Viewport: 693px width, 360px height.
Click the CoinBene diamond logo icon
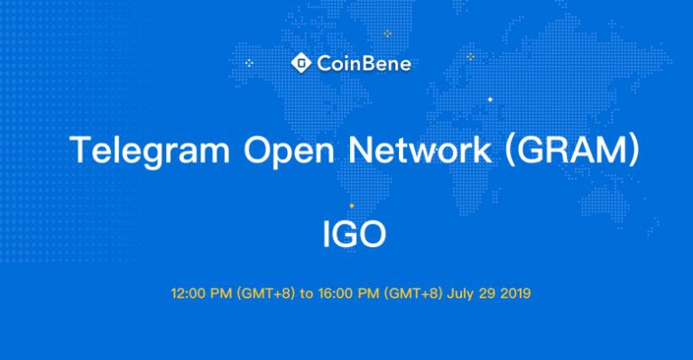pyautogui.click(x=300, y=62)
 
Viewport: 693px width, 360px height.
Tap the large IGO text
pyautogui.click(x=355, y=235)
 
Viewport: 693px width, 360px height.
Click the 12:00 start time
pyautogui.click(x=187, y=293)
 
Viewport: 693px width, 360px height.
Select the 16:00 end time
pyautogui.click(x=335, y=293)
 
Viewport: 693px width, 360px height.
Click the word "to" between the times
pyautogui.click(x=307, y=293)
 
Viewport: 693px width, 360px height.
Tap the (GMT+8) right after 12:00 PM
pyautogui.click(x=261, y=293)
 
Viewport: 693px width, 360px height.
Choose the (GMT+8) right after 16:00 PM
pyautogui.click(x=410, y=293)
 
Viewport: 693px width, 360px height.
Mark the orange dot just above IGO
pyautogui.click(x=351, y=207)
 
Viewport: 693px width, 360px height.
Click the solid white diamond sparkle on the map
pyautogui.click(x=490, y=98)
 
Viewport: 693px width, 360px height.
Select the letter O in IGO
pyautogui.click(x=372, y=235)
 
